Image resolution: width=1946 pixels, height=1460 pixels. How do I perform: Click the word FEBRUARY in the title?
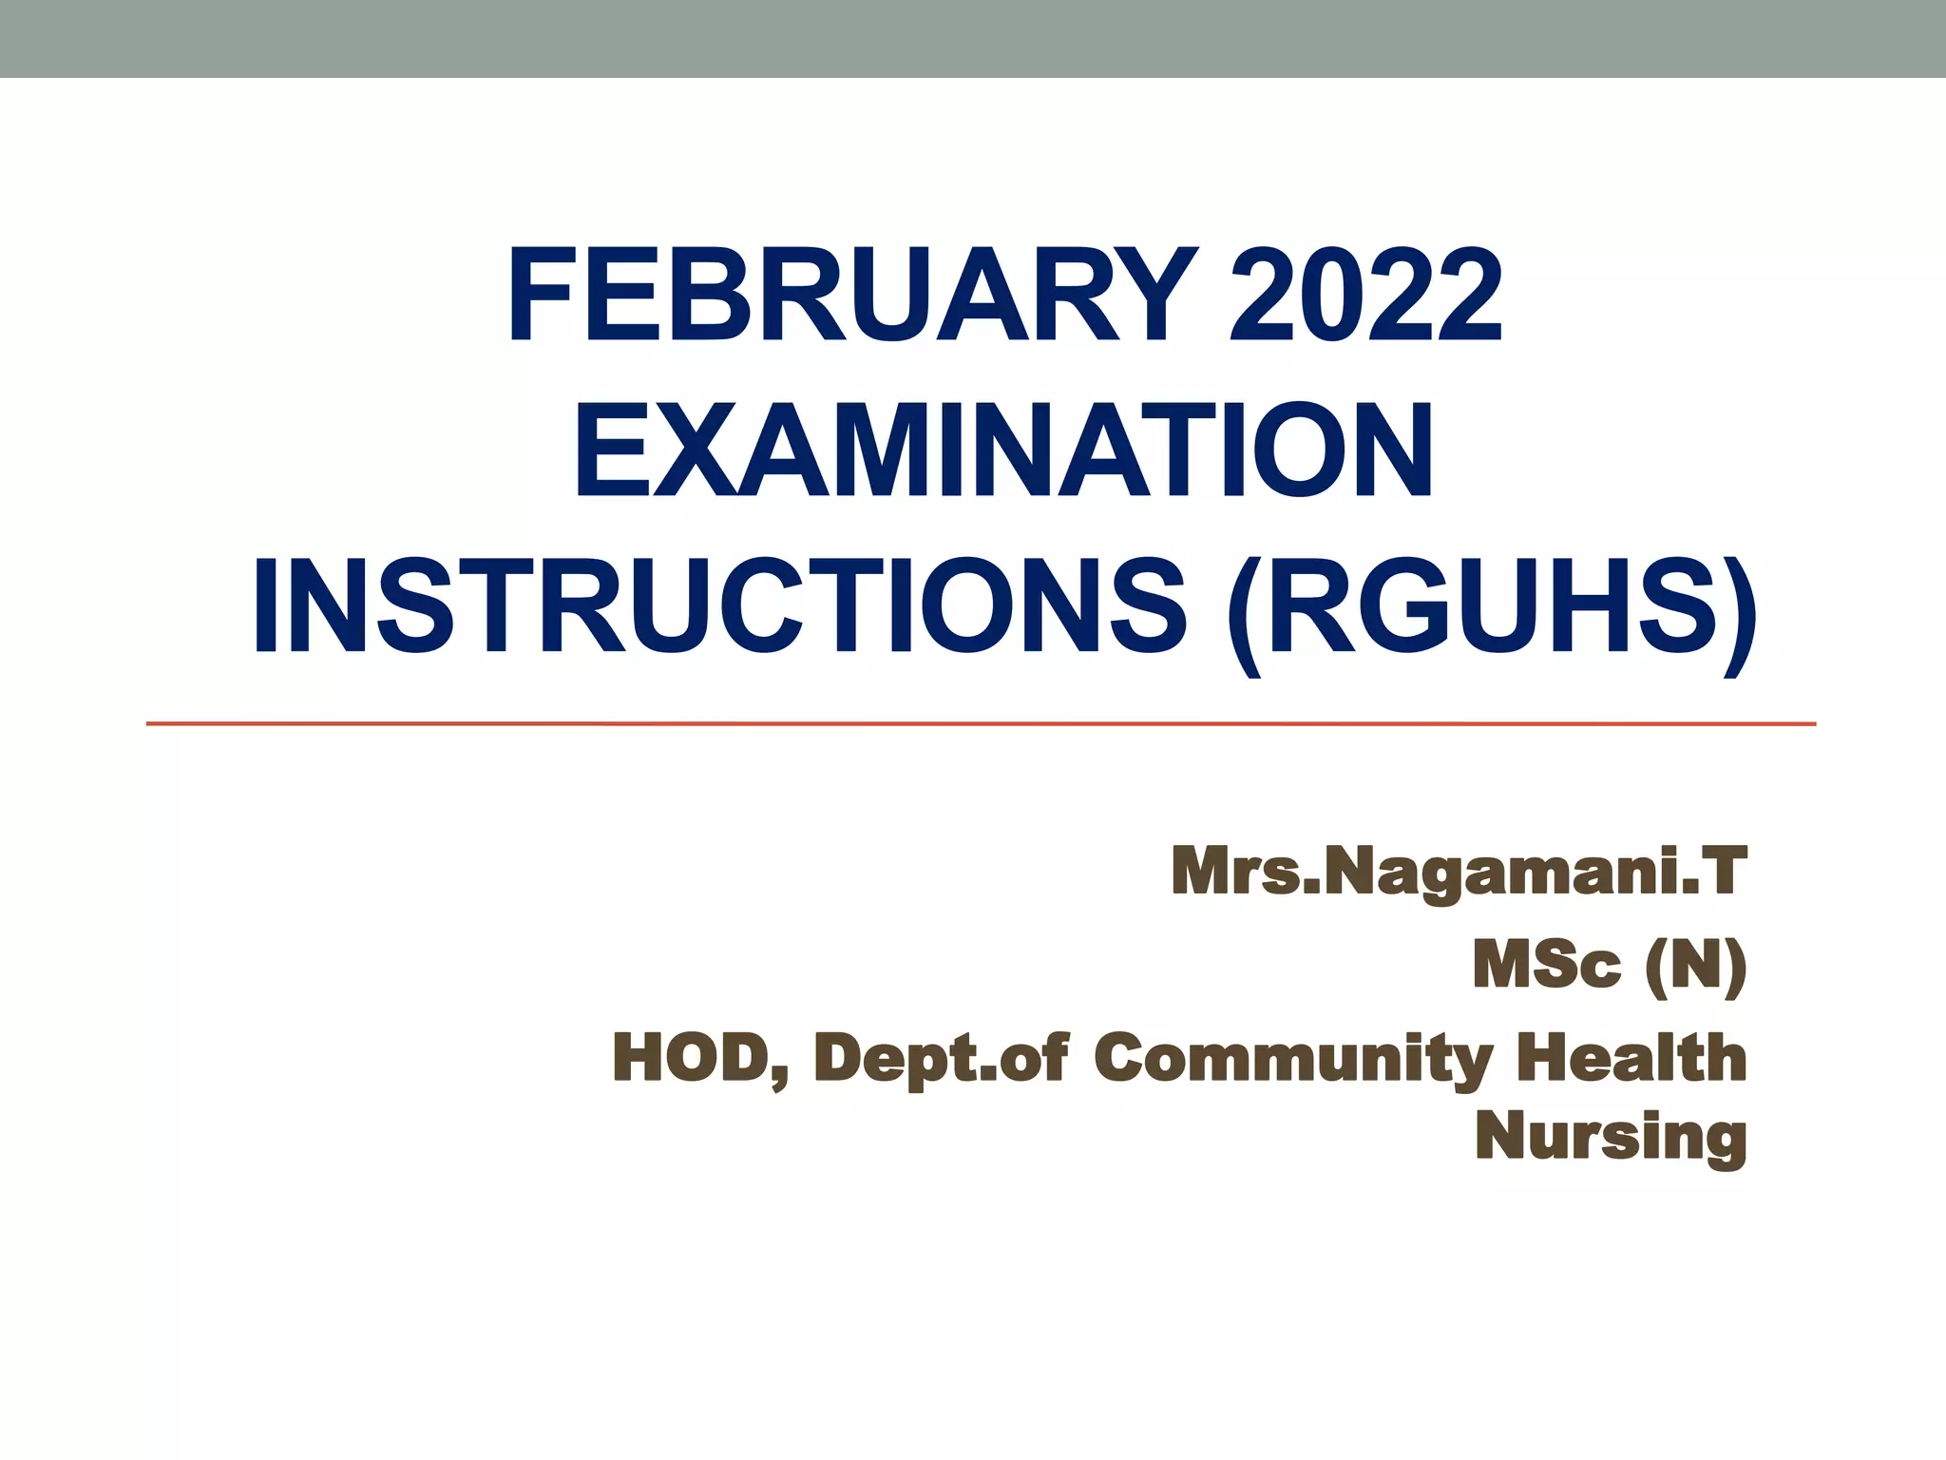[851, 295]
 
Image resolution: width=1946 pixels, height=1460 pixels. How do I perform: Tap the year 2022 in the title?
[1365, 295]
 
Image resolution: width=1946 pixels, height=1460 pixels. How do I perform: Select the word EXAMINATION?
[1003, 451]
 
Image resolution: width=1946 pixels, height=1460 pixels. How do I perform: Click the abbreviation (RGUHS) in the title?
[1492, 608]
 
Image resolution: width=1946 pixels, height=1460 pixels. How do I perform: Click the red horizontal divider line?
[981, 724]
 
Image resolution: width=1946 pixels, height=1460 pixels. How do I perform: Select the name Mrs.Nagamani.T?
[1459, 872]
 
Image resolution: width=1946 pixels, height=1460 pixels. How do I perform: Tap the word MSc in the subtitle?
[1547, 966]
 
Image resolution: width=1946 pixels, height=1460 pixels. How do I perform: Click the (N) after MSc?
[1696, 966]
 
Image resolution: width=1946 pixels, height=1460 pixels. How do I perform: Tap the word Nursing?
[1611, 1137]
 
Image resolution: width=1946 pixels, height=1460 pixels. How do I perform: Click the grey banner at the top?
[973, 38]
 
